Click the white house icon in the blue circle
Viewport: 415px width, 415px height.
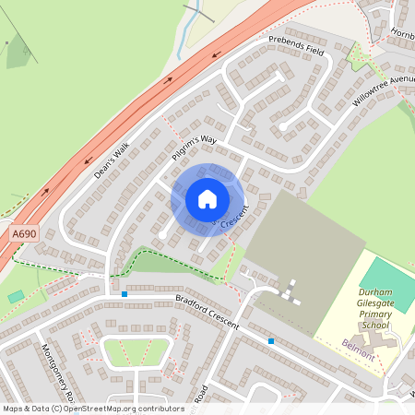pos(207,199)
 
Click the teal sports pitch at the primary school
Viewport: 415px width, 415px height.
pos(388,284)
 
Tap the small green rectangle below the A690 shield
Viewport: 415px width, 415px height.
pos(16,296)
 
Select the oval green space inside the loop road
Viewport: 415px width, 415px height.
pos(136,351)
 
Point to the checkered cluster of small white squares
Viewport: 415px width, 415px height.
pos(290,291)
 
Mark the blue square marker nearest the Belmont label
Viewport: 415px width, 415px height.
pos(271,341)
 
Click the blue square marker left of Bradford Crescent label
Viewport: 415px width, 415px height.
pos(125,294)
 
